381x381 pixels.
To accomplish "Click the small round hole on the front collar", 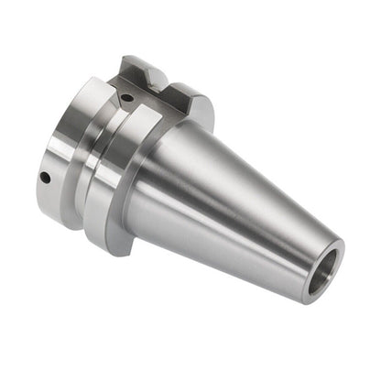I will pos(43,178).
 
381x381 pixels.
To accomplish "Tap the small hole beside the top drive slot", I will pos(127,97).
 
